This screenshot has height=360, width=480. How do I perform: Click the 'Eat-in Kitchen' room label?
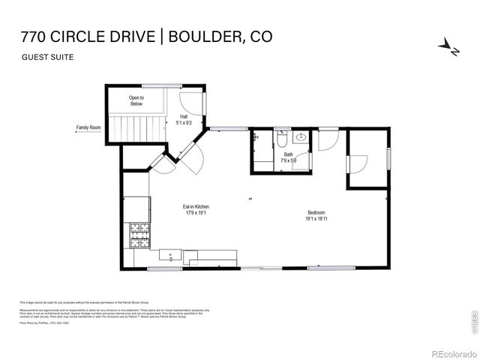196,206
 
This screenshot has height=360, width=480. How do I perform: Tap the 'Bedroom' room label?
316,212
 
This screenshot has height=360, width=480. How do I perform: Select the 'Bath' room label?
289,154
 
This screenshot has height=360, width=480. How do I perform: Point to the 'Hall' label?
183,116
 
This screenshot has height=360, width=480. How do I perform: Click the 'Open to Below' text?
136,100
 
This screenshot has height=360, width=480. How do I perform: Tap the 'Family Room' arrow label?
88,127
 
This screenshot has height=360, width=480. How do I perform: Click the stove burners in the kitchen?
140,235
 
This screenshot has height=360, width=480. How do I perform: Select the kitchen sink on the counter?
170,256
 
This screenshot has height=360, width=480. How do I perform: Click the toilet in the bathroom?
281,139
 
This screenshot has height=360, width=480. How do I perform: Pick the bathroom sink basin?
301,137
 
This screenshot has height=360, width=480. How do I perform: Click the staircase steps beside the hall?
138,127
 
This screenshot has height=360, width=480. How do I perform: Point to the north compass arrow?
448,47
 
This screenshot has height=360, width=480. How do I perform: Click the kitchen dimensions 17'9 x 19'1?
196,213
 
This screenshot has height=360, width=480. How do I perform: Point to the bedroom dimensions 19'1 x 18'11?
316,219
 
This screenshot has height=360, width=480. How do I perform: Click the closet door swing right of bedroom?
358,163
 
